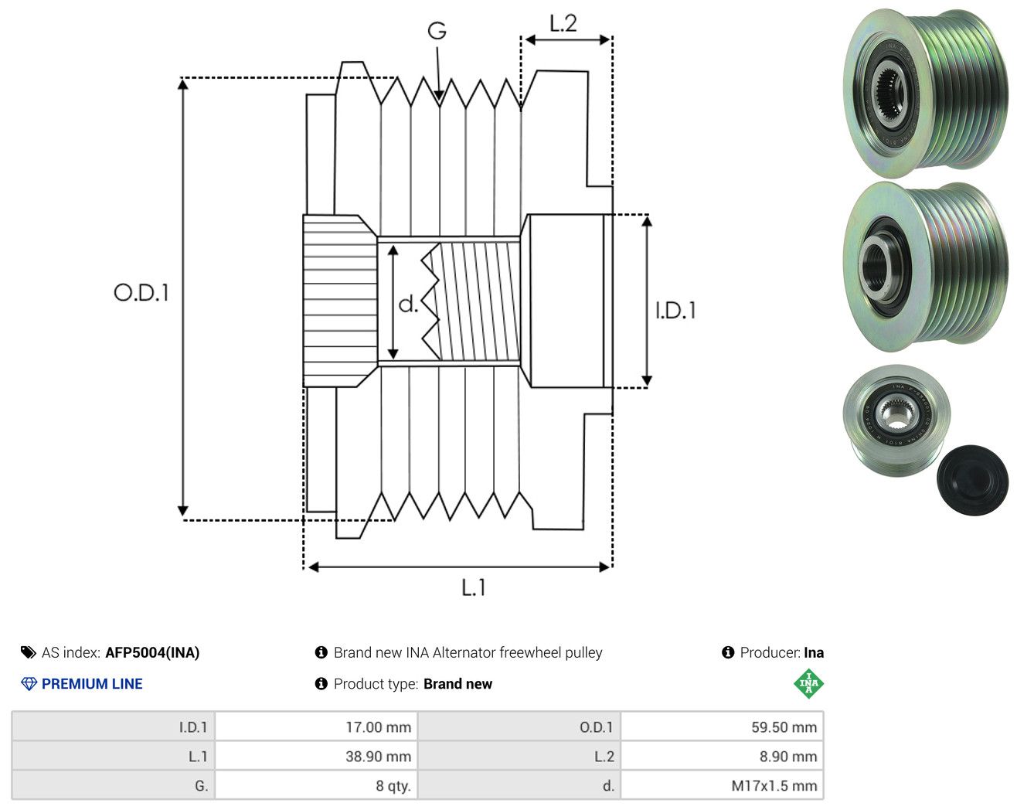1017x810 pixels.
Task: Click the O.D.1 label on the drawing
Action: tap(141, 292)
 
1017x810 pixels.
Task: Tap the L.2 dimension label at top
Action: tap(563, 24)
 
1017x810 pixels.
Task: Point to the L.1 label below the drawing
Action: tap(474, 587)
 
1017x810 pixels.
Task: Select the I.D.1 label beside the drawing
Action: tap(675, 311)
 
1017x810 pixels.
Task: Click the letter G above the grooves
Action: tap(437, 31)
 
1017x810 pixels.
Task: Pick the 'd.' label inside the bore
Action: tap(408, 304)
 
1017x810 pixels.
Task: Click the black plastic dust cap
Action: tap(973, 480)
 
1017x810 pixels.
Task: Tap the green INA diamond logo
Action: tap(808, 683)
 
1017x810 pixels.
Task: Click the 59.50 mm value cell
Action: tap(722, 727)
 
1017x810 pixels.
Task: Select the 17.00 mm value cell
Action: tap(316, 727)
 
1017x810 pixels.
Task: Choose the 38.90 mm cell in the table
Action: tap(316, 756)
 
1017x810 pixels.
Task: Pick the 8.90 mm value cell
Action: tap(722, 756)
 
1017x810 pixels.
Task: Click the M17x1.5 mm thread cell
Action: tap(722, 785)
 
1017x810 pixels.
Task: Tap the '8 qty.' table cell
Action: tap(316, 785)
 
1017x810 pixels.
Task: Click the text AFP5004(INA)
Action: tap(152, 652)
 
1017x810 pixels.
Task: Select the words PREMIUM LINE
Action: tap(92, 684)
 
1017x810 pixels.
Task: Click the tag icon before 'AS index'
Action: tap(29, 652)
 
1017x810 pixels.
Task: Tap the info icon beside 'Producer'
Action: tap(728, 652)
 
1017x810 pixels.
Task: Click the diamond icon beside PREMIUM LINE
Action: tap(29, 684)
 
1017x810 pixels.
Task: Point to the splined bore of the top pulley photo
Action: tap(889, 93)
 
